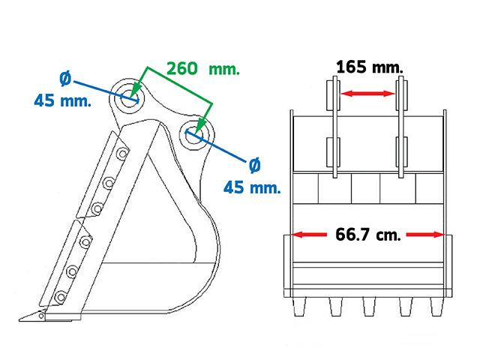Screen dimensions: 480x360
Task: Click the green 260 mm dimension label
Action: coord(203,68)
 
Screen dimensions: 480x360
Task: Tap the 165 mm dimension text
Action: coord(370,67)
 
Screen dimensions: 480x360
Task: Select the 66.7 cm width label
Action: coord(368,235)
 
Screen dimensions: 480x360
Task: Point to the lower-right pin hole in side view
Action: coord(193,135)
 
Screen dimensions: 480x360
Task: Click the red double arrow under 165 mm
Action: coord(368,93)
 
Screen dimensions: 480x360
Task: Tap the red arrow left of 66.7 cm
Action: coord(308,235)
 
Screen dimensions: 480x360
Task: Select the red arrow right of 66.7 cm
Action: coord(425,235)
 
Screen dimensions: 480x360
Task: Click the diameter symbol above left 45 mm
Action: coord(65,79)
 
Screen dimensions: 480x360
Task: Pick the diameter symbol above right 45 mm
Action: coord(254,165)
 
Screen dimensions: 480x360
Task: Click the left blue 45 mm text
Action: coord(62,100)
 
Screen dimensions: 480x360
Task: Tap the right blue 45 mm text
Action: coord(252,187)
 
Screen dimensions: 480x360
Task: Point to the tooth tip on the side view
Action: coord(19,320)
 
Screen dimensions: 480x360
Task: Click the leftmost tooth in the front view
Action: coord(299,307)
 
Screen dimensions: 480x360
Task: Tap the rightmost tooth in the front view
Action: coord(436,307)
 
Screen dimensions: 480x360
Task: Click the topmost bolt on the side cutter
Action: coord(123,153)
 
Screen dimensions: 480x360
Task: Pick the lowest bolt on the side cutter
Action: coord(60,297)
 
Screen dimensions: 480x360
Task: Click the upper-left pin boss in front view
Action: coord(333,95)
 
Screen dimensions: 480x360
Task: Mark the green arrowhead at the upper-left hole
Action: coord(136,89)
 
